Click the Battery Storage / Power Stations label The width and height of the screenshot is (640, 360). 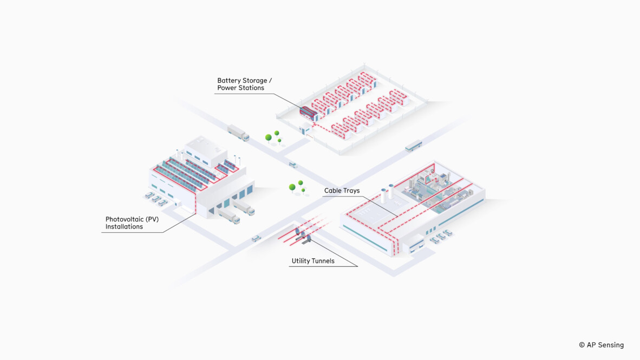pyautogui.click(x=244, y=84)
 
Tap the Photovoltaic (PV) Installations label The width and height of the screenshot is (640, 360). pyautogui.click(x=132, y=223)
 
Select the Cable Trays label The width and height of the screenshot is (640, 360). pyautogui.click(x=342, y=191)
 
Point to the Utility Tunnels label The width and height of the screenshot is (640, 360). pyautogui.click(x=313, y=261)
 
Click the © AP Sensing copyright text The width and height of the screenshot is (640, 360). pyautogui.click(x=601, y=345)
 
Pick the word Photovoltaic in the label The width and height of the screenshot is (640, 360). pyautogui.click(x=122, y=219)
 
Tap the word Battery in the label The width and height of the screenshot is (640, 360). pyautogui.click(x=229, y=81)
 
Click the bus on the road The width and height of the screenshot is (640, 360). pyautogui.click(x=414, y=146)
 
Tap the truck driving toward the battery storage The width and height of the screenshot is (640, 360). pyautogui.click(x=238, y=132)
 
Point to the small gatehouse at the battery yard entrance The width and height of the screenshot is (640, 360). pyautogui.click(x=305, y=128)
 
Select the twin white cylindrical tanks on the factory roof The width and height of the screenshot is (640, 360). pyautogui.click(x=387, y=193)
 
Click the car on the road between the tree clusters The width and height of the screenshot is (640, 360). pyautogui.click(x=292, y=165)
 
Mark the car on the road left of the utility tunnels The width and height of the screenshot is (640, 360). pyautogui.click(x=256, y=238)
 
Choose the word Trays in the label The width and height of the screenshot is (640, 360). pyautogui.click(x=350, y=191)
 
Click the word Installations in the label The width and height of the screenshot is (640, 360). pyautogui.click(x=124, y=227)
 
